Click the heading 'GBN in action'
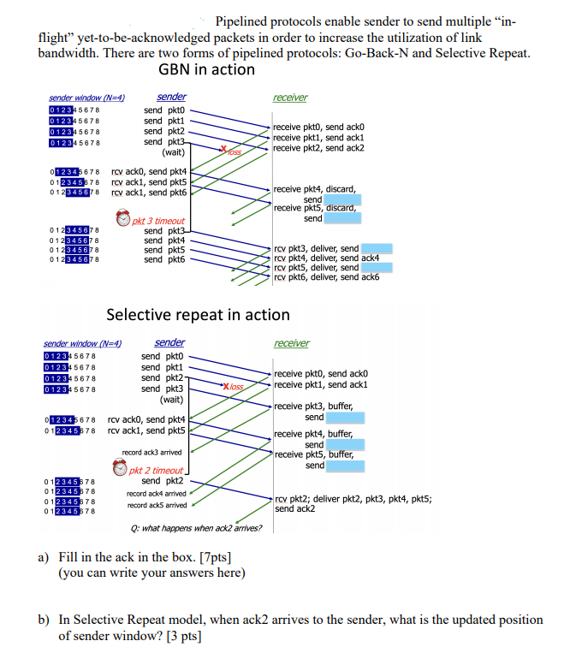click(x=206, y=70)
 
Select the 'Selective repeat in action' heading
click(x=198, y=315)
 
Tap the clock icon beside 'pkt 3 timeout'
click(x=124, y=220)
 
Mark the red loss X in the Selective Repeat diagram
click(x=227, y=387)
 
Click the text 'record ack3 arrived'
click(x=151, y=452)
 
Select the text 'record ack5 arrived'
click(x=157, y=505)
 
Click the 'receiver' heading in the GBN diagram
click(x=290, y=98)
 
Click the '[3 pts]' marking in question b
click(x=183, y=636)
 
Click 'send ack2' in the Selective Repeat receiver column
click(x=294, y=508)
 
